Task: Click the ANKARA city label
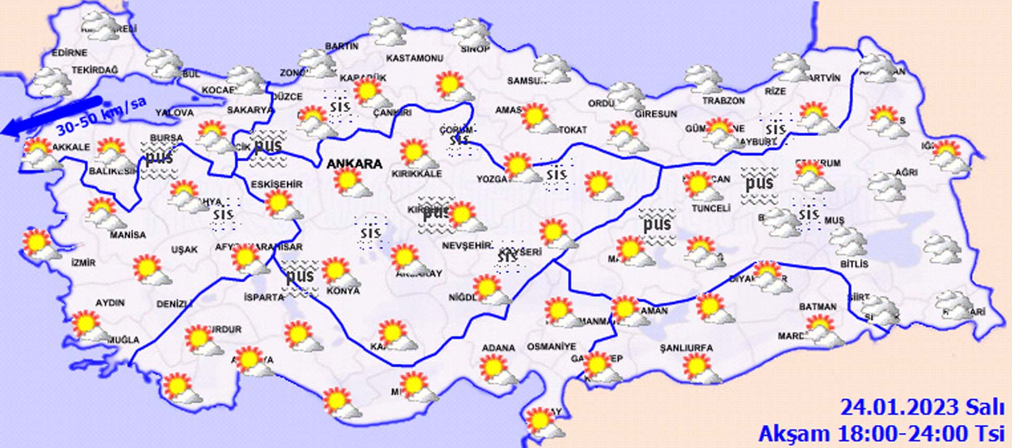[x=354, y=164]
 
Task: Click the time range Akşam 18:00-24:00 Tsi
[x=881, y=434]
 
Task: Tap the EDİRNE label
[x=70, y=53]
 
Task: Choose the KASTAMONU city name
[x=415, y=58]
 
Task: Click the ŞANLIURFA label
[x=686, y=348]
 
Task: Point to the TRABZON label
[x=724, y=100]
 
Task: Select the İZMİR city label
[x=83, y=262]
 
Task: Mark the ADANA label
[x=498, y=348]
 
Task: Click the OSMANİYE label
[x=552, y=347]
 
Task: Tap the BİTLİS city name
[x=854, y=263]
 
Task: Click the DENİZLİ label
[x=174, y=304]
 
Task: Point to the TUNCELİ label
[x=711, y=208]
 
